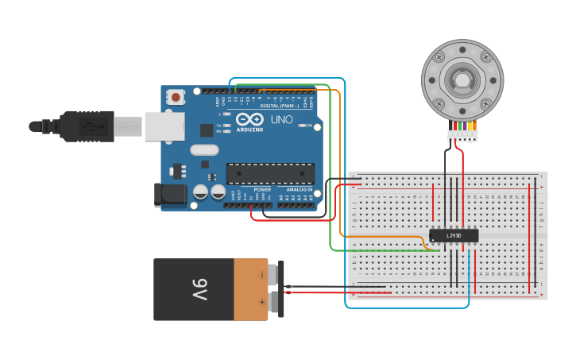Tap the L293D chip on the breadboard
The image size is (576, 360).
[x=454, y=235]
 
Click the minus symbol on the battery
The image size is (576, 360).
[x=262, y=275]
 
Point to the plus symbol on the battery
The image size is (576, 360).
[x=262, y=302]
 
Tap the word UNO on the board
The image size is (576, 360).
[x=282, y=120]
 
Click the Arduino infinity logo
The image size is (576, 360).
[x=249, y=119]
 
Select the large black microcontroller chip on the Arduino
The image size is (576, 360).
[x=270, y=173]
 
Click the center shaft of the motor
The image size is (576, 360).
[x=462, y=79]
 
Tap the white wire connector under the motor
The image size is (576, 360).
[x=462, y=136]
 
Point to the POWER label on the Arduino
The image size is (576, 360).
[x=262, y=189]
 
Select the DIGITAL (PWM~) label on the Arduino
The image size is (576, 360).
[x=280, y=106]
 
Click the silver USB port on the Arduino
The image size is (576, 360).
[x=164, y=126]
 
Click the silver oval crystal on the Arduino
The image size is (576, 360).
[x=204, y=149]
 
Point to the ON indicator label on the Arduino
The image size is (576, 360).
[x=308, y=125]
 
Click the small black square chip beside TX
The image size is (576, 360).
[x=207, y=130]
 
